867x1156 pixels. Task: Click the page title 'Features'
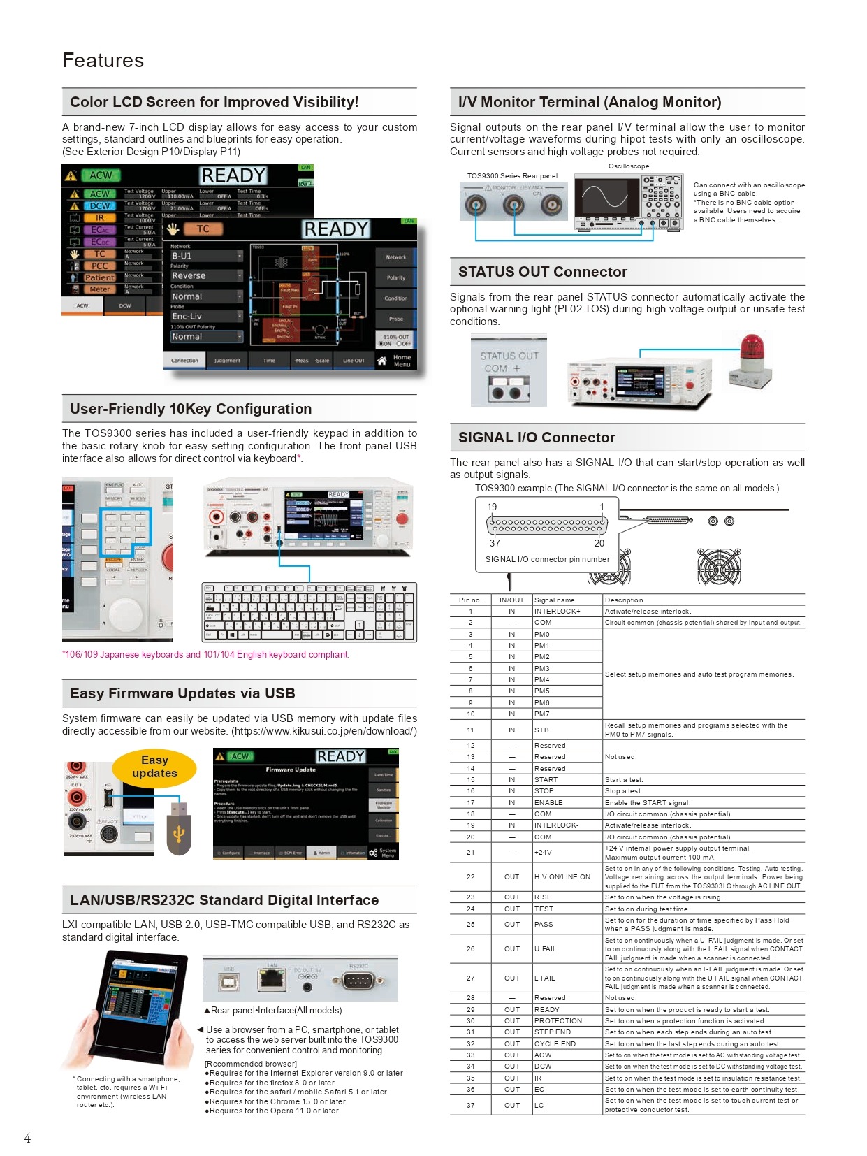click(x=103, y=61)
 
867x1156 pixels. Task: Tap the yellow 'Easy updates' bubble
click(x=154, y=767)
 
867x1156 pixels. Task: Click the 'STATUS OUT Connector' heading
click(x=542, y=272)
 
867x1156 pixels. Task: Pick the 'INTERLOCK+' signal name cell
click(x=557, y=611)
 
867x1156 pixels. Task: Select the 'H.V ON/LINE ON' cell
click(x=562, y=876)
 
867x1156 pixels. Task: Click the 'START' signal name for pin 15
click(x=546, y=779)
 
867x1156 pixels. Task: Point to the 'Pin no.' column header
click(x=470, y=600)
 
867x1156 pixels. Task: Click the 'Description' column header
click(x=624, y=600)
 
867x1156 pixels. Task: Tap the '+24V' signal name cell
click(x=543, y=852)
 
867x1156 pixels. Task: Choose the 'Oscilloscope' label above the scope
click(x=628, y=166)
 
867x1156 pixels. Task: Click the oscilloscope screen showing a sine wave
click(x=605, y=196)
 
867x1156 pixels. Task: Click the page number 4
click(x=27, y=1139)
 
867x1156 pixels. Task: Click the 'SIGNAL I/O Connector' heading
click(x=537, y=438)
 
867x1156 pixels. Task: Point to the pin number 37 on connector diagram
click(x=495, y=543)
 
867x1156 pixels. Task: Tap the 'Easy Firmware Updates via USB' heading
click(x=182, y=693)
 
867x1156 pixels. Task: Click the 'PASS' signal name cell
click(x=544, y=924)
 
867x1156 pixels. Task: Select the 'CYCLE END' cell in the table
click(x=555, y=1043)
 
